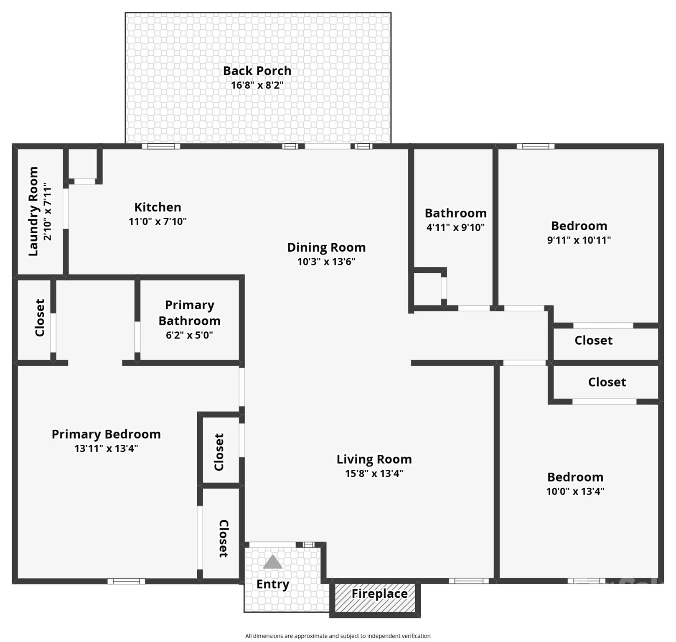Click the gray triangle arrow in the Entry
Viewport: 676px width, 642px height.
point(272,562)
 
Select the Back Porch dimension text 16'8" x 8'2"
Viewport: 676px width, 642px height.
point(257,85)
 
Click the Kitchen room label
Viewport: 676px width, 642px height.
point(158,207)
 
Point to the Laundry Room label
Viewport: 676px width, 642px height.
point(33,211)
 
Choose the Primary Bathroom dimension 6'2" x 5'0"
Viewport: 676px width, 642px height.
point(189,335)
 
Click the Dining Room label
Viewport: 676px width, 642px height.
point(326,247)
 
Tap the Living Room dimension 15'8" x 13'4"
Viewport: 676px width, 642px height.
point(374,474)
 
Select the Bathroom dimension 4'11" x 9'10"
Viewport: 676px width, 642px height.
point(455,228)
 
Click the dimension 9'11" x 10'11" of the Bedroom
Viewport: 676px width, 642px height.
point(579,240)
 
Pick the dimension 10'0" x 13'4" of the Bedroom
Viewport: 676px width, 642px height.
point(575,492)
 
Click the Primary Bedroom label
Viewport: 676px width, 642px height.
point(106,434)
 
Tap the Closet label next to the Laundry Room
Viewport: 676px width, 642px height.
point(40,318)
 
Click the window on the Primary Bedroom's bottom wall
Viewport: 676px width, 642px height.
point(126,581)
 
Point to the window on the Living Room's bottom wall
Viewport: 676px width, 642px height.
point(468,581)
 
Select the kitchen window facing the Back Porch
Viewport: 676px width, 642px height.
point(161,146)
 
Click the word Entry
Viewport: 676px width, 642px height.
point(272,584)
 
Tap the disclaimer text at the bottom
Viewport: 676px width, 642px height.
point(338,636)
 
